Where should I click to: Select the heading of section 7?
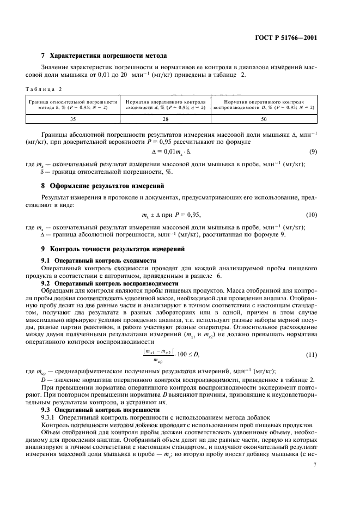point(103,56)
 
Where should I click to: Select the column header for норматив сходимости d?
point(165,104)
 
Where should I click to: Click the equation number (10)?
point(312,215)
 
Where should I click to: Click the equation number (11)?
point(312,340)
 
